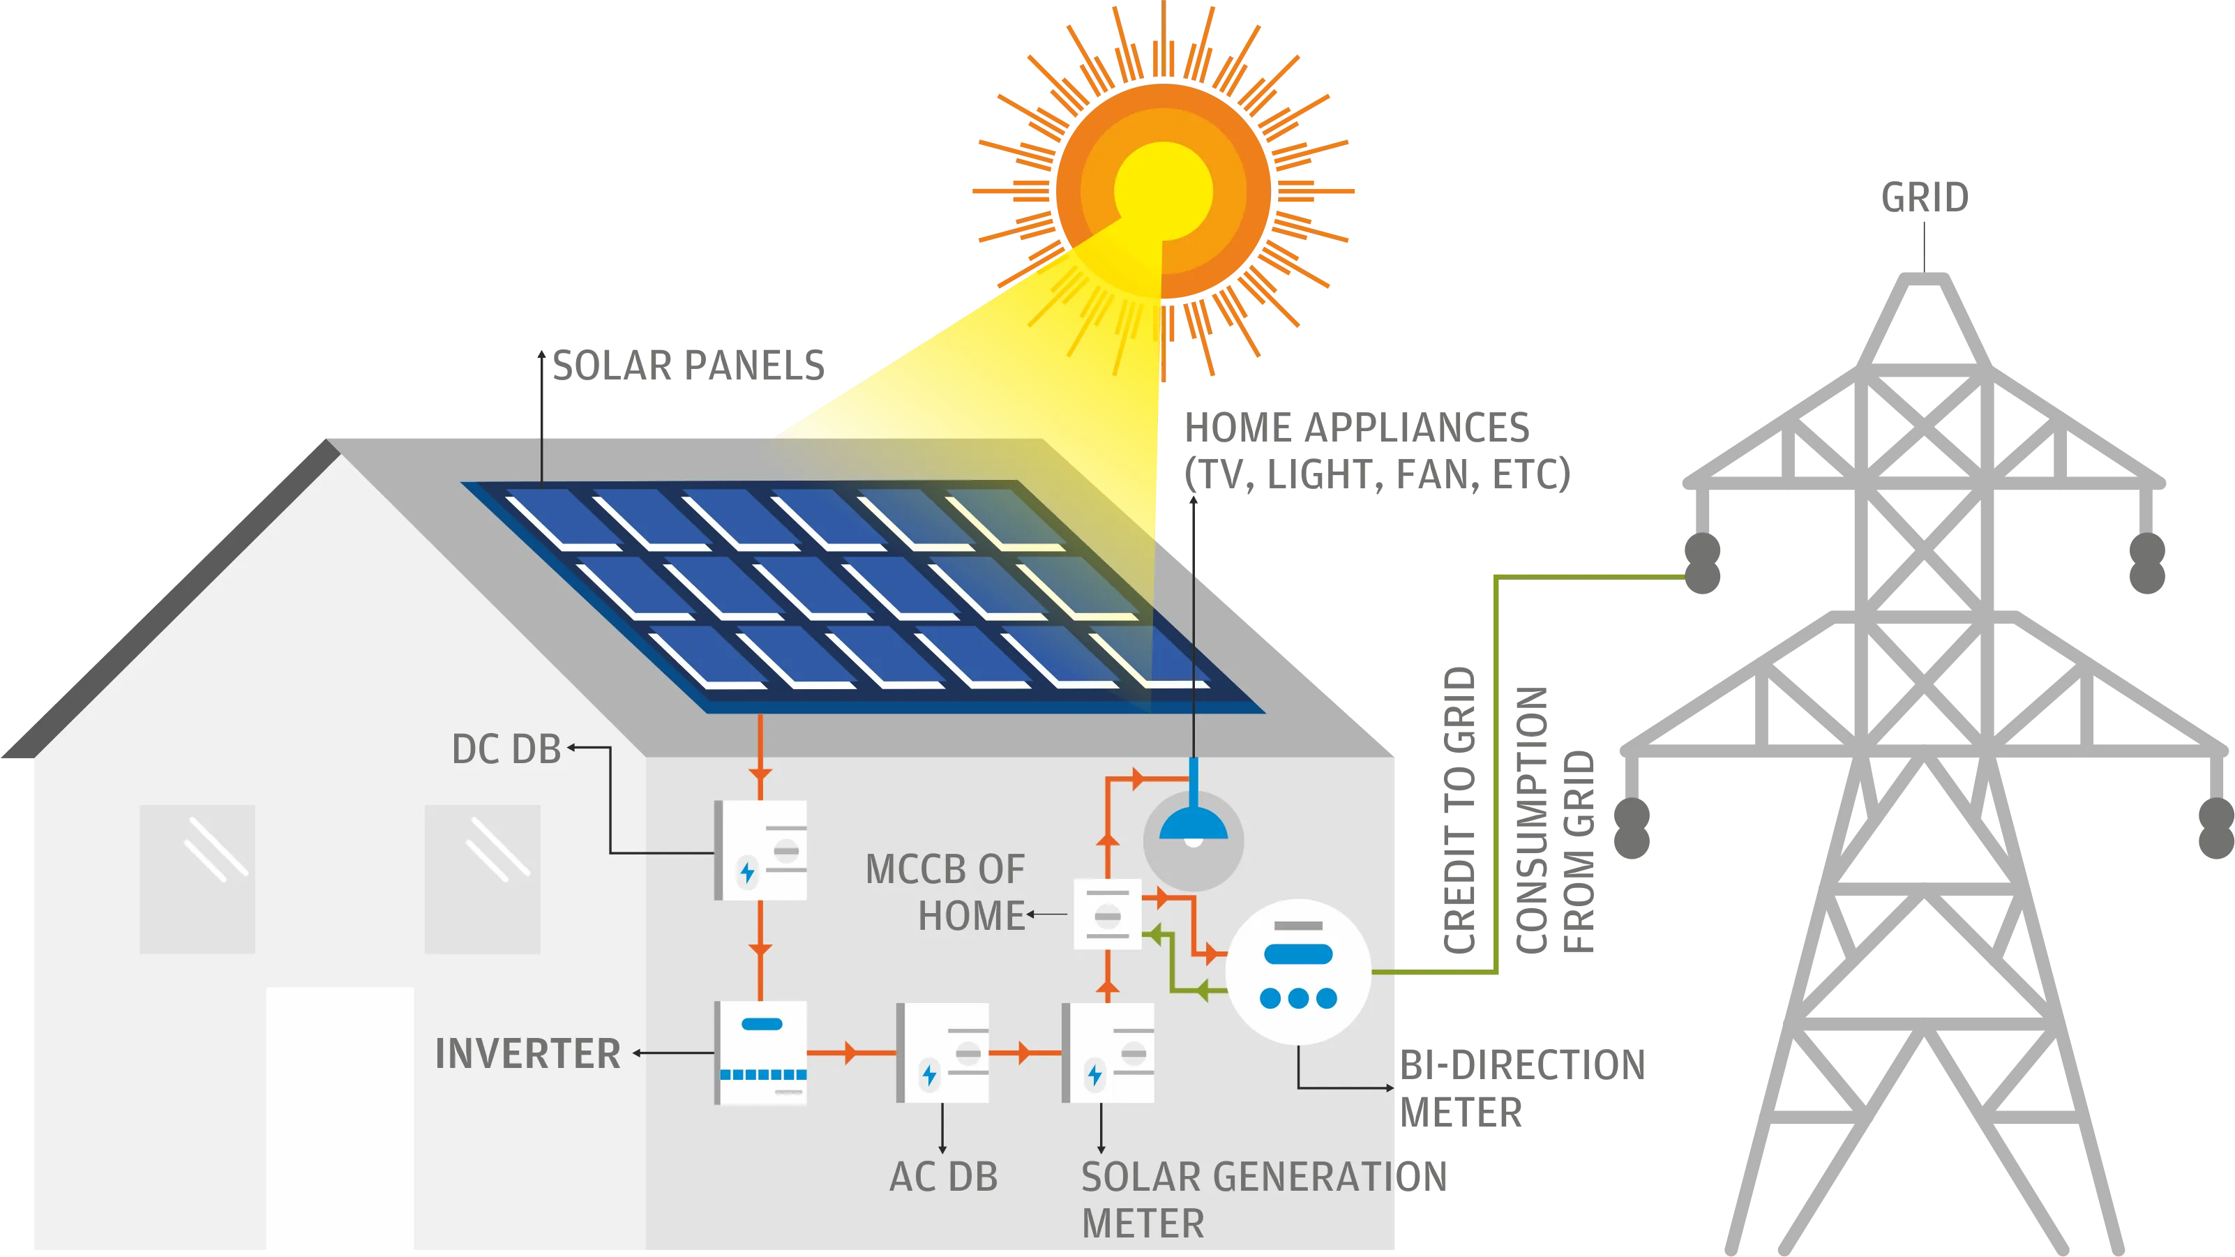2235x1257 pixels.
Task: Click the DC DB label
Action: click(506, 749)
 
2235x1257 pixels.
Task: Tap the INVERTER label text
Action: click(527, 1054)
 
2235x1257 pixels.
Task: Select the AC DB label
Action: click(943, 1177)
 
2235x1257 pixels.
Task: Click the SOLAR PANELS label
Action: click(688, 364)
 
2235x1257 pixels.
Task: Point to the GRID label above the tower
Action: click(1925, 198)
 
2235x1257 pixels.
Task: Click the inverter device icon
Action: click(761, 1053)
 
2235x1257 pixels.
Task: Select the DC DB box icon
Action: click(761, 850)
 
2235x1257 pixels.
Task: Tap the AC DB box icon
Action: click(943, 1053)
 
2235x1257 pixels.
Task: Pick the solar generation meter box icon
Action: click(1108, 1053)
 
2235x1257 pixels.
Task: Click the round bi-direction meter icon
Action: click(1298, 972)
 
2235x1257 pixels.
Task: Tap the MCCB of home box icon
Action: click(1107, 914)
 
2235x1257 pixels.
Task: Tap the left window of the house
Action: click(198, 879)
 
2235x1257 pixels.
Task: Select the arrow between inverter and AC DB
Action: click(851, 1053)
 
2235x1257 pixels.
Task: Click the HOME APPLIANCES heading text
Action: click(1355, 428)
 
